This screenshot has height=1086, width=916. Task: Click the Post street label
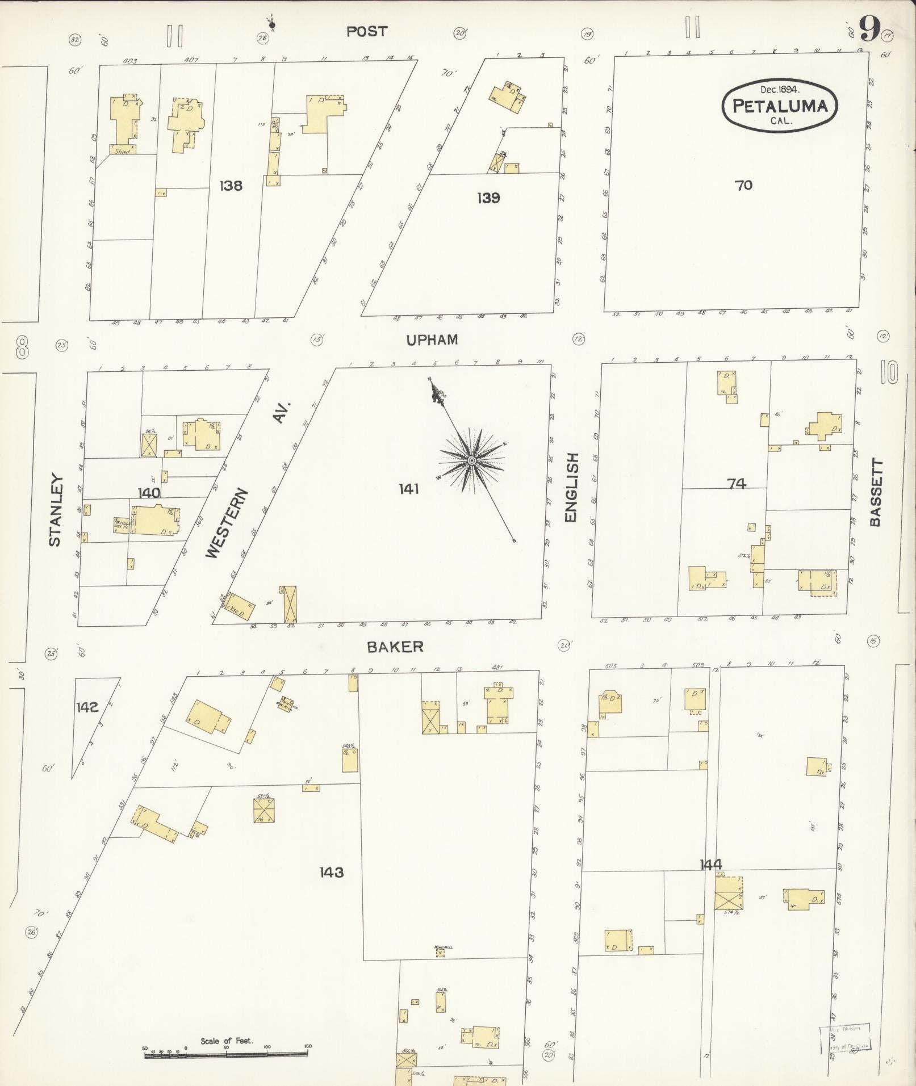(x=367, y=32)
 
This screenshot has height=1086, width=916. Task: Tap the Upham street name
(x=432, y=339)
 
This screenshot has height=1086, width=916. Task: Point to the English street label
(x=571, y=488)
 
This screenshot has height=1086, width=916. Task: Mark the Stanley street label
(x=55, y=510)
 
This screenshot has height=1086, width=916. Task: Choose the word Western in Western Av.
(x=226, y=523)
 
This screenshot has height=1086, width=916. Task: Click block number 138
(x=231, y=186)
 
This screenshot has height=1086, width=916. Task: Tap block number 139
(x=488, y=198)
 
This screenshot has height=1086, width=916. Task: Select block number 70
(x=743, y=185)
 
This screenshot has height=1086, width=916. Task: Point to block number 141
(x=408, y=488)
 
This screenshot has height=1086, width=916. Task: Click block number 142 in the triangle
(x=87, y=707)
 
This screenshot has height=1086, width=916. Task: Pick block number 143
(x=331, y=871)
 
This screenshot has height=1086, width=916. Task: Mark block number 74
(x=736, y=484)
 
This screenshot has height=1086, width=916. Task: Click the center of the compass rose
(x=471, y=460)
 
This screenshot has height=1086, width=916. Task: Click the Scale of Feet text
(x=227, y=1041)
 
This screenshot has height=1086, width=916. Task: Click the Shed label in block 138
(x=122, y=152)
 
